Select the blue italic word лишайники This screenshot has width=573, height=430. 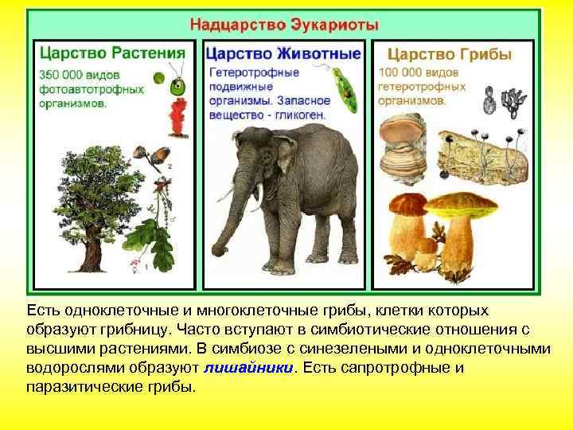(x=248, y=369)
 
